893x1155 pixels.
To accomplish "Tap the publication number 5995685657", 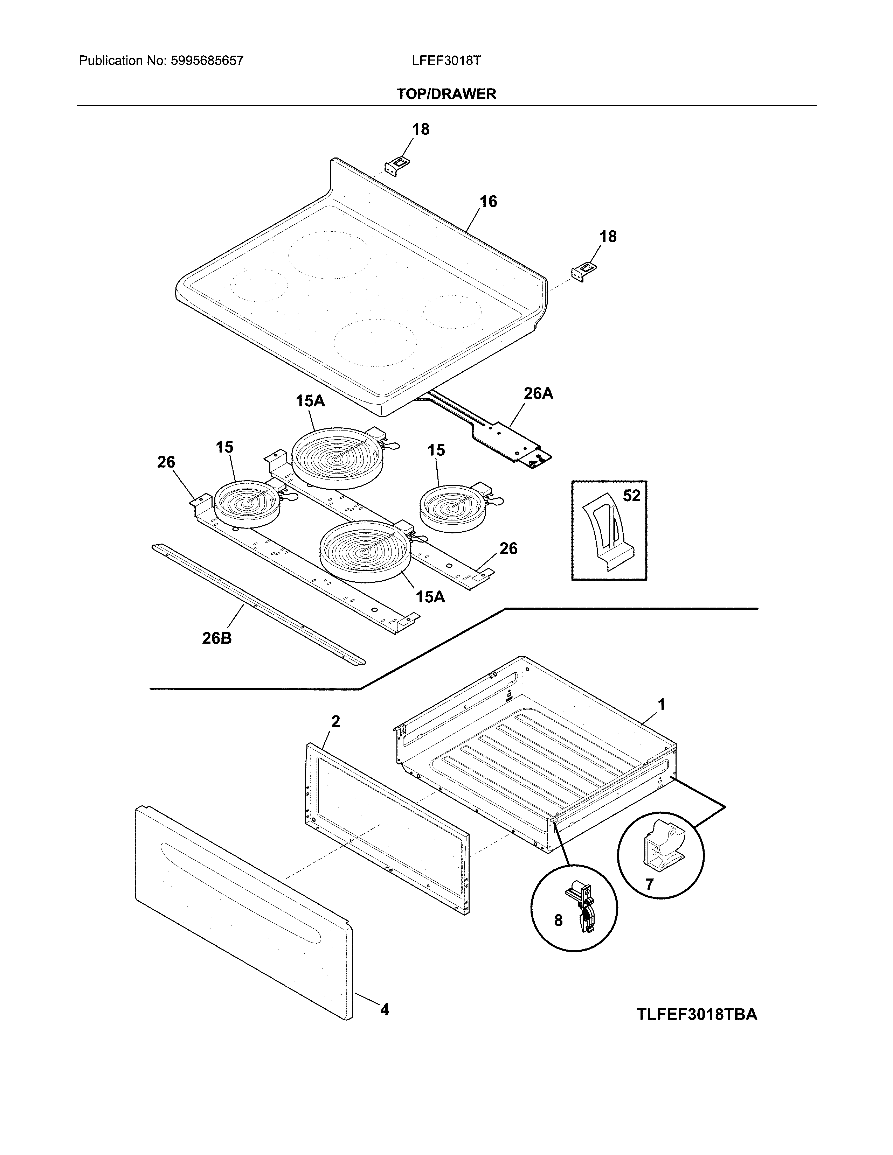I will click(207, 61).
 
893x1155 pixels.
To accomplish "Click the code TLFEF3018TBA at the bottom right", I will click(697, 1014).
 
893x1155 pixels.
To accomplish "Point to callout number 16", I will click(488, 202).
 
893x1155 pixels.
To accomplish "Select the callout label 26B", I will click(217, 638).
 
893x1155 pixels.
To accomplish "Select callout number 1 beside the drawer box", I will click(661, 705).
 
